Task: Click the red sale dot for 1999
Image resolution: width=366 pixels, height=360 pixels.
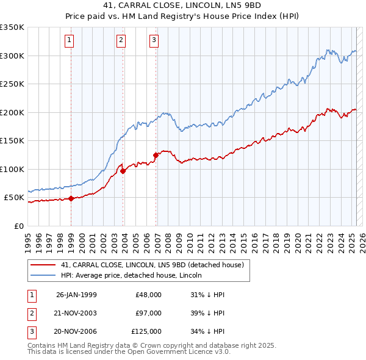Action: tap(71, 198)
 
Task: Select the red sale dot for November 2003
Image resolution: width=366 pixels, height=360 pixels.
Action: tap(123, 171)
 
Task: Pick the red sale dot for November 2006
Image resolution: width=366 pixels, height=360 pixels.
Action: tap(156, 155)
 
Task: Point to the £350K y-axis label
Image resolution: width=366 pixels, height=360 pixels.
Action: tap(12, 27)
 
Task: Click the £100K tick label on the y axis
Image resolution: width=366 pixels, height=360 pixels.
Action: tap(12, 169)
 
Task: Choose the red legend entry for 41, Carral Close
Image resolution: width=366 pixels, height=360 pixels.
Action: tap(152, 265)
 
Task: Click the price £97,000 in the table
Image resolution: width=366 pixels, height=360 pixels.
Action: tap(149, 313)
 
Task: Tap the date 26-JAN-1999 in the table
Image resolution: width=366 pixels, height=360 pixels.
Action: tap(76, 295)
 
